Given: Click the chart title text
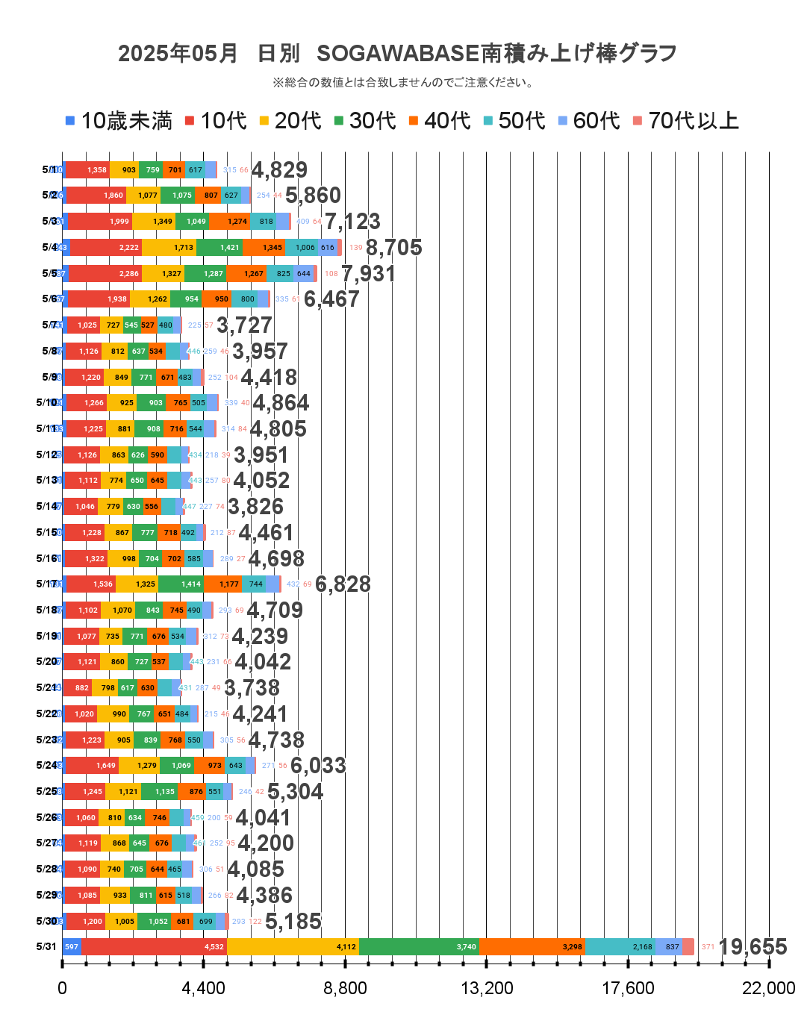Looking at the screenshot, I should pos(397,54).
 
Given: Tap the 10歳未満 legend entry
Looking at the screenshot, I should pos(119,121).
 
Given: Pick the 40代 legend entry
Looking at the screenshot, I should pos(440,121).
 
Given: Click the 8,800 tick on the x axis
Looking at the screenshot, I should pos(345,988).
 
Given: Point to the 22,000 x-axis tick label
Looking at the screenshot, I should pos(768,988).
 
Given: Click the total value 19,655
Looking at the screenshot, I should pos(752,947).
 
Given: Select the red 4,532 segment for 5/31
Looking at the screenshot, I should pos(154,947).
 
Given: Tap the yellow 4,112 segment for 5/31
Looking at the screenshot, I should pos(293,947).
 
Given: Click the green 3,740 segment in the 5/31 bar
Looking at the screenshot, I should pos(419,947).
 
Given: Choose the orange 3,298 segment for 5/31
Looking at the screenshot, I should pos(532,947).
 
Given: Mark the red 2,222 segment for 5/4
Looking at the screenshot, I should pos(105,247).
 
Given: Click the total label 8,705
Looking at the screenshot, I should pos(393,247).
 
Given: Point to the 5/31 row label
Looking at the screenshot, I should pos(46,947).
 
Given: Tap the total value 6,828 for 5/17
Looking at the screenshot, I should pos(343,584).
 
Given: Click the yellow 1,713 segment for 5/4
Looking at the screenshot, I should pos(169,247).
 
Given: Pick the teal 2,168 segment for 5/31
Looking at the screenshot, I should pos(620,947).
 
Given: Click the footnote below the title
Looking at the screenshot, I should pos(404,82).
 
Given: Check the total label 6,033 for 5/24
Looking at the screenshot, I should pos(318,766).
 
